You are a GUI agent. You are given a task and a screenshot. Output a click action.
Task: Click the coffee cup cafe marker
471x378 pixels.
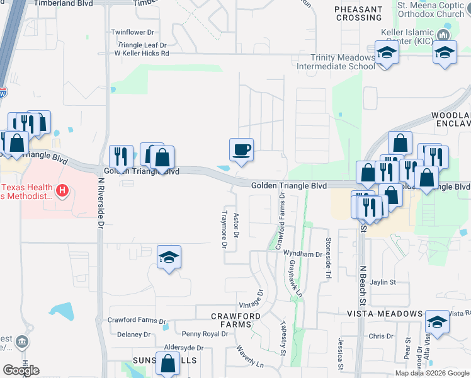click(241, 150)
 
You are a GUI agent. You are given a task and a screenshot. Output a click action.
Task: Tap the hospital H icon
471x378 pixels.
click(62, 190)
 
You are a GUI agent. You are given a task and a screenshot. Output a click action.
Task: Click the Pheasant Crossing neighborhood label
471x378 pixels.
click(358, 13)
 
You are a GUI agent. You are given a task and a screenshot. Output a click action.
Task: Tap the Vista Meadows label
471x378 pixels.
click(385, 314)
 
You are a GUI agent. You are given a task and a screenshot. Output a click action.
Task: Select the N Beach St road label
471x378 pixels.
click(362, 283)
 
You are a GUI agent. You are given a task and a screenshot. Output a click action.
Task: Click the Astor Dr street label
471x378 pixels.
click(237, 225)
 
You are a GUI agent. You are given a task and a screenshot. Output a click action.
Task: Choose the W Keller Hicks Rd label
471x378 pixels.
click(142, 54)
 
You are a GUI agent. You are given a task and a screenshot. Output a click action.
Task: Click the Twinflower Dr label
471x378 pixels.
click(132, 31)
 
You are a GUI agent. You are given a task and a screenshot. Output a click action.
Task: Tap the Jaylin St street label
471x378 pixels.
click(383, 283)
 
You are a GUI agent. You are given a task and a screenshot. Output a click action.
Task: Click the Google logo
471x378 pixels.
click(21, 370)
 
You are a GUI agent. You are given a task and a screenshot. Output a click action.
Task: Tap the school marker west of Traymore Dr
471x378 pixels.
click(169, 257)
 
